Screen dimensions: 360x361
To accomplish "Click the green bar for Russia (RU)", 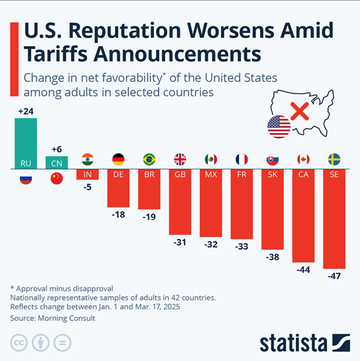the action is [x=26, y=144].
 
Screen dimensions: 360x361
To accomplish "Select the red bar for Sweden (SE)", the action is [x=334, y=219].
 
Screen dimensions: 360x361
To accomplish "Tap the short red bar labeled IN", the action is [x=87, y=174].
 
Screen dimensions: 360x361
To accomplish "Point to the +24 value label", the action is [x=26, y=111].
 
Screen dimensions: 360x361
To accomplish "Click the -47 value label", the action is [x=334, y=276].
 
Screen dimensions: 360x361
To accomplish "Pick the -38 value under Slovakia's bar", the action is [x=273, y=257].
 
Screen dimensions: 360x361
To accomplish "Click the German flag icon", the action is [x=118, y=159].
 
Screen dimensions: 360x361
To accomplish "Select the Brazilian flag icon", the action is [x=149, y=159].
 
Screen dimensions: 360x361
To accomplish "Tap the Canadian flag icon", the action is [x=303, y=159].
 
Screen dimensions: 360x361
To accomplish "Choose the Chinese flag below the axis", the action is [x=57, y=178].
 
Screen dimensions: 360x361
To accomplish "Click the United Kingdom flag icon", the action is [x=180, y=159].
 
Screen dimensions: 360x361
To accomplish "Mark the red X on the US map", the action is [x=300, y=111].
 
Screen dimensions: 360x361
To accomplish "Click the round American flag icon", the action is [x=279, y=127].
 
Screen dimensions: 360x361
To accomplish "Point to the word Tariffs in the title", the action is [x=56, y=54].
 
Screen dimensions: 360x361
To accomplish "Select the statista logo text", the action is [x=294, y=343].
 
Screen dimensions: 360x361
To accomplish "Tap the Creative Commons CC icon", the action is [x=19, y=342].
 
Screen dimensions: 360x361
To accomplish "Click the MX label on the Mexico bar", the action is [x=211, y=175].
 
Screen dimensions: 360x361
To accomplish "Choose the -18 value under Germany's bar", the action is [x=118, y=214].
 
